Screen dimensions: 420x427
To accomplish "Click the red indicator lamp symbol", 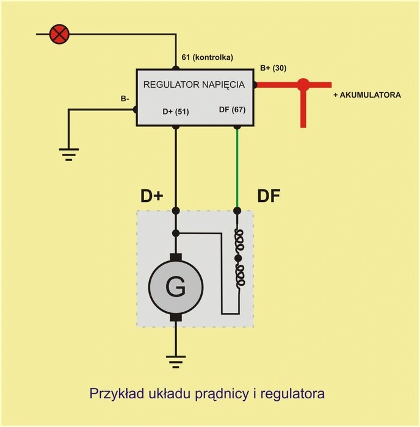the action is pyautogui.click(x=59, y=34).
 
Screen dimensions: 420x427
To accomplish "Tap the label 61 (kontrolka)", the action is pyautogui.click(x=208, y=57).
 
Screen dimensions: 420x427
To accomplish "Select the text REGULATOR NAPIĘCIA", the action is pyautogui.click(x=194, y=85).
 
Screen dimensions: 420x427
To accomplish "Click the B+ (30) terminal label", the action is pyautogui.click(x=273, y=68).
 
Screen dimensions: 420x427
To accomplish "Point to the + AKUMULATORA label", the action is pyautogui.click(x=367, y=95).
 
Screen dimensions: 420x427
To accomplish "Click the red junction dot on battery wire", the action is pyautogui.click(x=303, y=85).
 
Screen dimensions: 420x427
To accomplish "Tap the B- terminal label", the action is pyautogui.click(x=125, y=99).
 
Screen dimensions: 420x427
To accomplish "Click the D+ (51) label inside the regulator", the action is pyautogui.click(x=176, y=112).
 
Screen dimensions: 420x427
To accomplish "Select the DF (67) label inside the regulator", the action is pyautogui.click(x=232, y=110).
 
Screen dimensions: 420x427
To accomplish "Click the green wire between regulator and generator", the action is pyautogui.click(x=237, y=168).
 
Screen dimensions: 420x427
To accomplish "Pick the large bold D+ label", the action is pyautogui.click(x=152, y=196).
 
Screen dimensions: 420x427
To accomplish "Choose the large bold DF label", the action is pyautogui.click(x=269, y=196).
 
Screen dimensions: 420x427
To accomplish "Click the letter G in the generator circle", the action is pyautogui.click(x=176, y=287).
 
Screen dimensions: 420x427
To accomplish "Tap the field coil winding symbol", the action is pyautogui.click(x=239, y=258).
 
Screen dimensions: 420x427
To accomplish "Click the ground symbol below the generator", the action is pyautogui.click(x=176, y=362).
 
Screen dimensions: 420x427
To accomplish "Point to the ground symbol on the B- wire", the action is pyautogui.click(x=69, y=155).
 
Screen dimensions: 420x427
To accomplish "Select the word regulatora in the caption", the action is pyautogui.click(x=292, y=394).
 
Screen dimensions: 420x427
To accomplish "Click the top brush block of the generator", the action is pyautogui.click(x=176, y=257).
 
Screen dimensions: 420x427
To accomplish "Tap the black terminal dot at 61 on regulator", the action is pyautogui.click(x=176, y=68).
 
